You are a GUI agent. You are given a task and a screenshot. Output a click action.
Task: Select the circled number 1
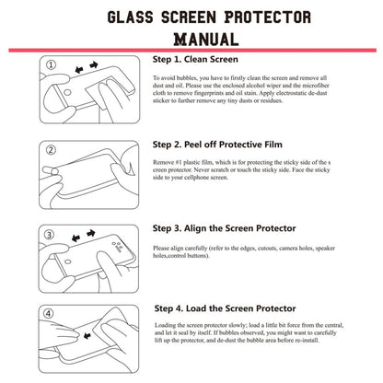(52, 65)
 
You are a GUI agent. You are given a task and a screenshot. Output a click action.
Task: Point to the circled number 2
(52, 149)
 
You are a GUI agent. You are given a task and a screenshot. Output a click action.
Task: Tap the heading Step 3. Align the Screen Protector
(225, 227)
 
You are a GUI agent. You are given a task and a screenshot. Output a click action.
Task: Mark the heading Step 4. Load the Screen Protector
(224, 308)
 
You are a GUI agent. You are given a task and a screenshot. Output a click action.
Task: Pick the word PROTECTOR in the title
(264, 17)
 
